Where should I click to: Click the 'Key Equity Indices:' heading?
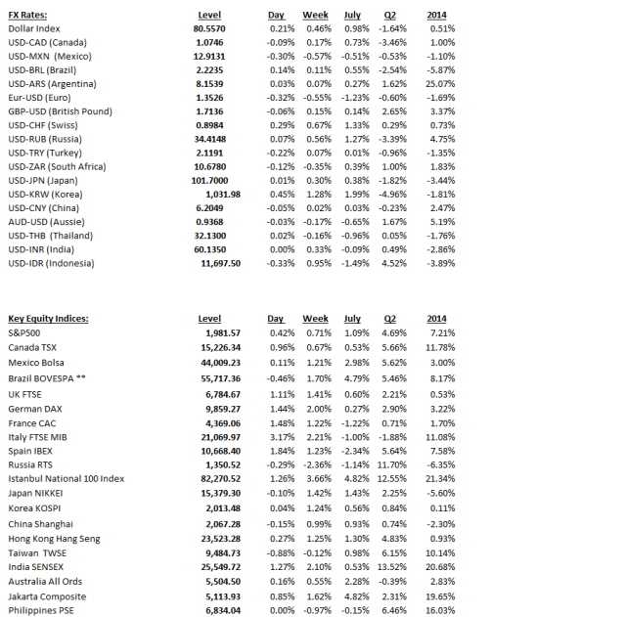[48, 319]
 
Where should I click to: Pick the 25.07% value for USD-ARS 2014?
[440, 84]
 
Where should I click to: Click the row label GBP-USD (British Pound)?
[60, 111]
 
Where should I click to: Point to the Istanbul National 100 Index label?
[66, 478]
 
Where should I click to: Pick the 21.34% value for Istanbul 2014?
[440, 478]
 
